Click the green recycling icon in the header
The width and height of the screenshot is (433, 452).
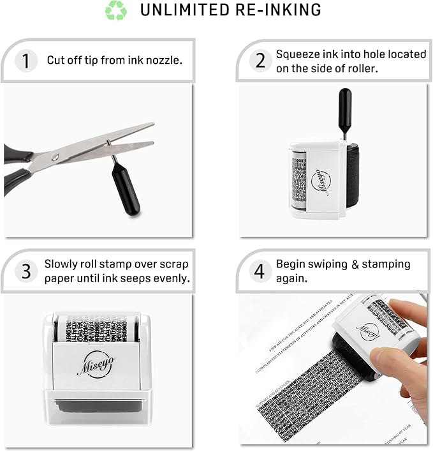(116, 10)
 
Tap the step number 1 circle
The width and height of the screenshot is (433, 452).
(26, 61)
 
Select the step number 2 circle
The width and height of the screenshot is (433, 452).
(260, 61)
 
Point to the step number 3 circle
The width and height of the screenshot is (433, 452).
(26, 271)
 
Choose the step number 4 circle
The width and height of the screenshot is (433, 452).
(260, 271)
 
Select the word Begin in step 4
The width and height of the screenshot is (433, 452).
(291, 264)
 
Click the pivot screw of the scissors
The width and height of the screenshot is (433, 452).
(55, 157)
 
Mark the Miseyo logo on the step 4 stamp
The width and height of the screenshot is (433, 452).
(367, 331)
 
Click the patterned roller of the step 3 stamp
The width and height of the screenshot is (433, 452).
(97, 328)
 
